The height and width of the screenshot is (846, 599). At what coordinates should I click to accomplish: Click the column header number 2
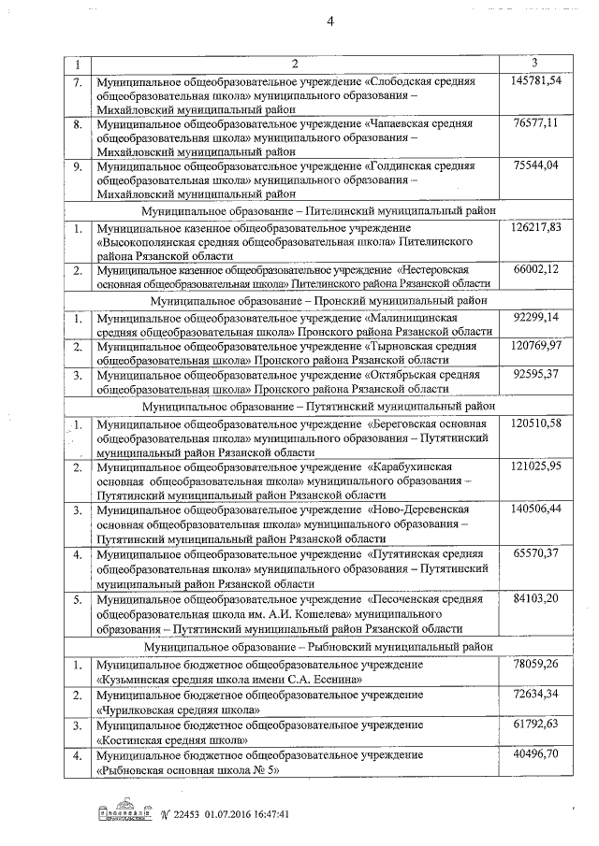click(x=294, y=64)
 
